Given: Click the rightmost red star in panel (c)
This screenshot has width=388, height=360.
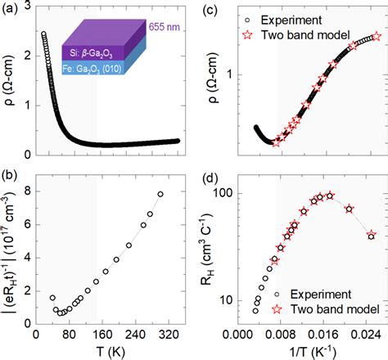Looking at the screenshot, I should click(377, 36).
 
